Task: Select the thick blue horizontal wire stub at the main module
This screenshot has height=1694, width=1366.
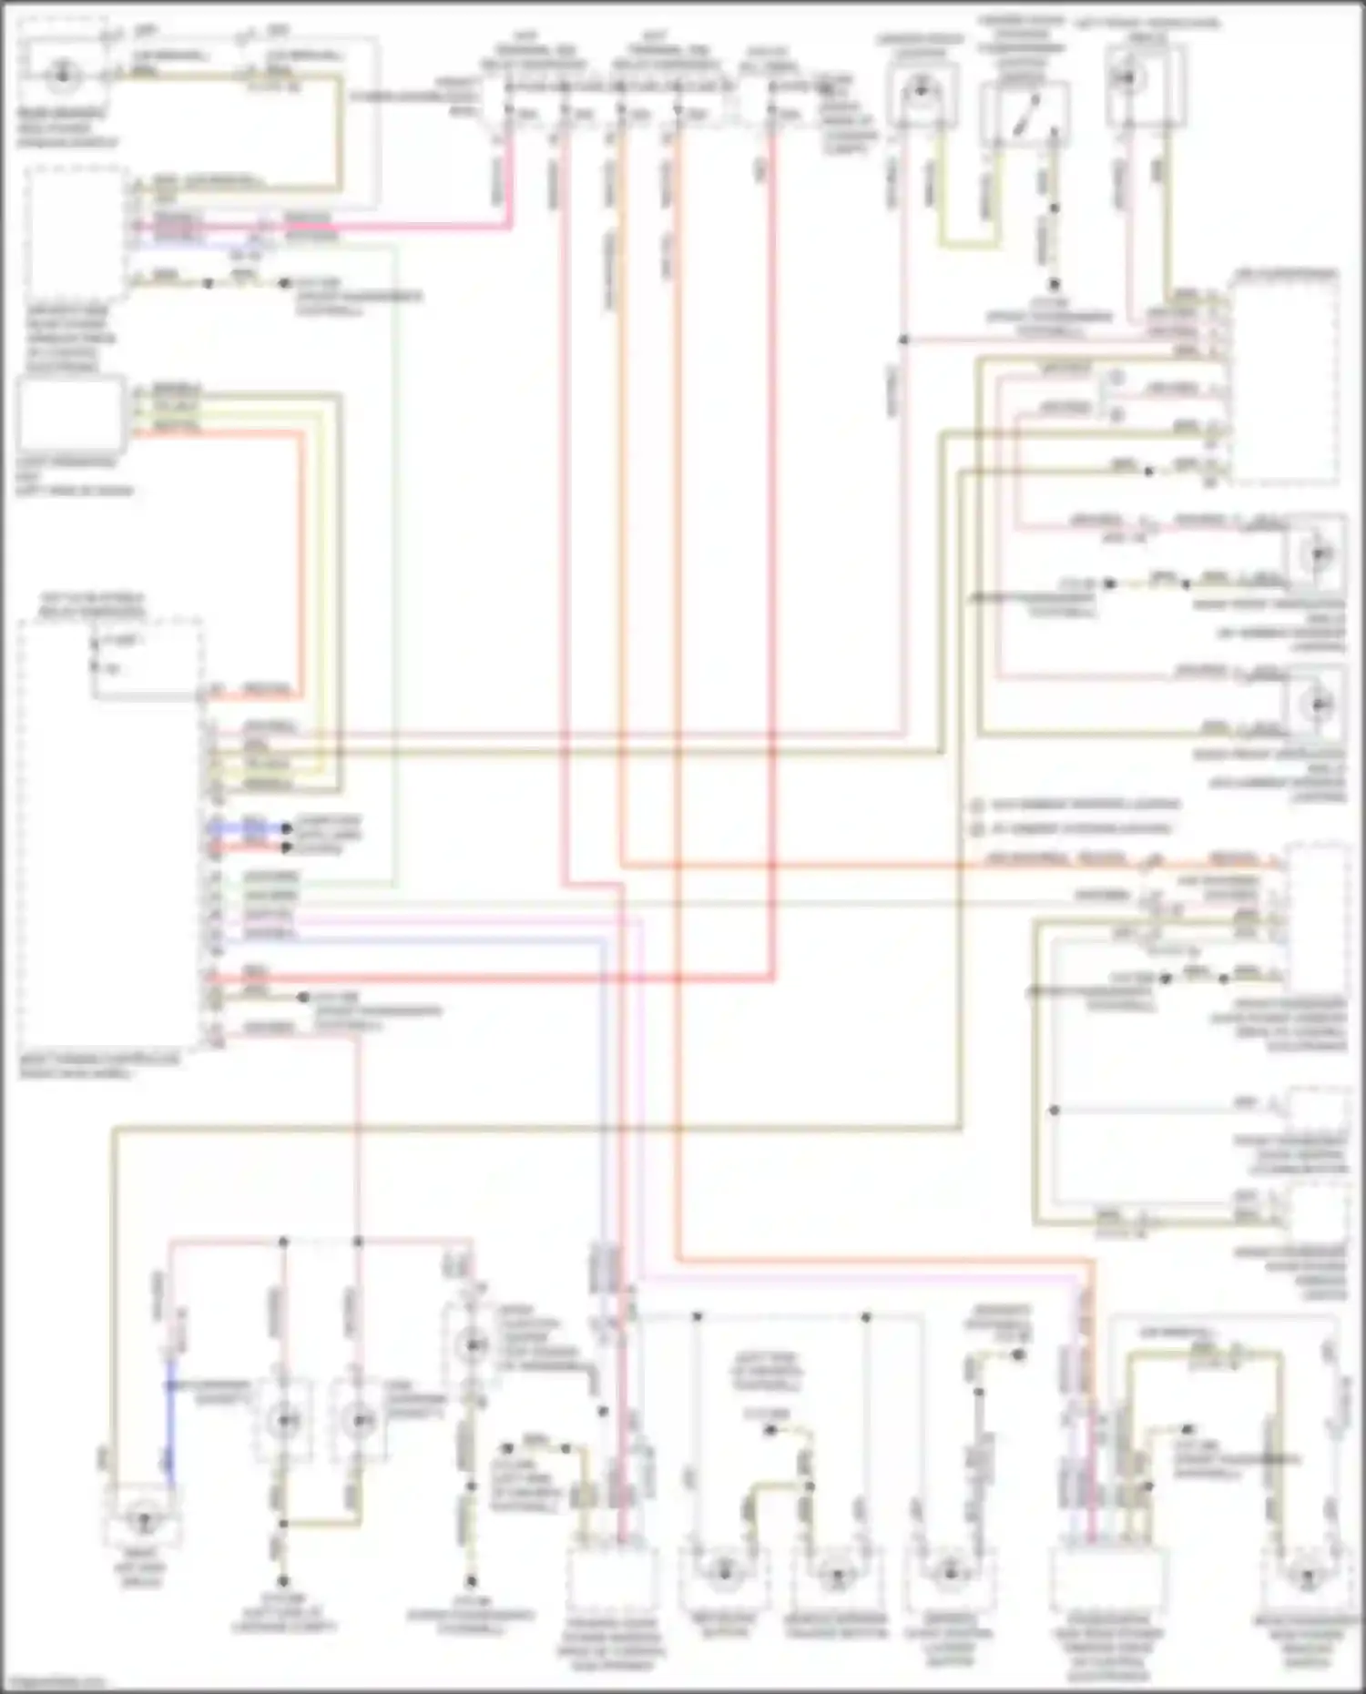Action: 248,827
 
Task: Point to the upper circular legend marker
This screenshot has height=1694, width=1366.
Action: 977,806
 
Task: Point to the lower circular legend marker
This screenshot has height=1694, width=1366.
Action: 977,829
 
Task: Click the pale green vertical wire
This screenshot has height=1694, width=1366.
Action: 395,564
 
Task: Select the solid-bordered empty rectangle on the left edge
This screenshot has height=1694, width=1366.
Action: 71,416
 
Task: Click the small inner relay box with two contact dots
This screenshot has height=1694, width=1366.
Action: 146,660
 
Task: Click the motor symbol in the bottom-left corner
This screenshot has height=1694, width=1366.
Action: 141,1517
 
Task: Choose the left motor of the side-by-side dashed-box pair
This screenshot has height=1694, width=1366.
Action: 283,1419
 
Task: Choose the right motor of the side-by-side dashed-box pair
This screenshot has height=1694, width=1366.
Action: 359,1419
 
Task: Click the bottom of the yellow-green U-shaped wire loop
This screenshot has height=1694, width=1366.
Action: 971,244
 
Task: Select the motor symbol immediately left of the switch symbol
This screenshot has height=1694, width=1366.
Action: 920,89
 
